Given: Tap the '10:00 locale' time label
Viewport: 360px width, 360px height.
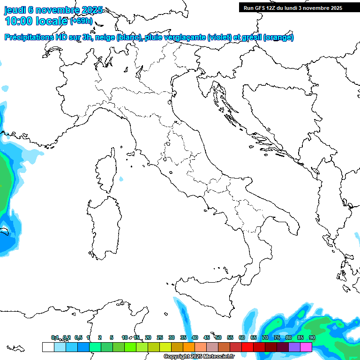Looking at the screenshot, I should pyautogui.click(x=37, y=21).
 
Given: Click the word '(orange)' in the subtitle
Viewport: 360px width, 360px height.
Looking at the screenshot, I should pyautogui.click(x=278, y=37).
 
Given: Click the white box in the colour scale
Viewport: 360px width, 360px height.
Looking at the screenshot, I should pyautogui.click(x=48, y=347).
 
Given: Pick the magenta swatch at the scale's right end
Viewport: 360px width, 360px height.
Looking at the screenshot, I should pyautogui.click(x=306, y=347).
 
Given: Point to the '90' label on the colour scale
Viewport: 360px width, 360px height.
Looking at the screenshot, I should pyautogui.click(x=312, y=337).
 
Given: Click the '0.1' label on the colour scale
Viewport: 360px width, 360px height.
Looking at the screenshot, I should pyautogui.click(x=55, y=337).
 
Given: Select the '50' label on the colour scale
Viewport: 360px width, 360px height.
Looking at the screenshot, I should pyautogui.click(x=218, y=337).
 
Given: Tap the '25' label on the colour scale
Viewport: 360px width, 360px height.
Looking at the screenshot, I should pyautogui.click(x=160, y=337).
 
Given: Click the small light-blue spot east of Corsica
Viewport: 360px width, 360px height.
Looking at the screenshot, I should pyautogui.click(x=121, y=179).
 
